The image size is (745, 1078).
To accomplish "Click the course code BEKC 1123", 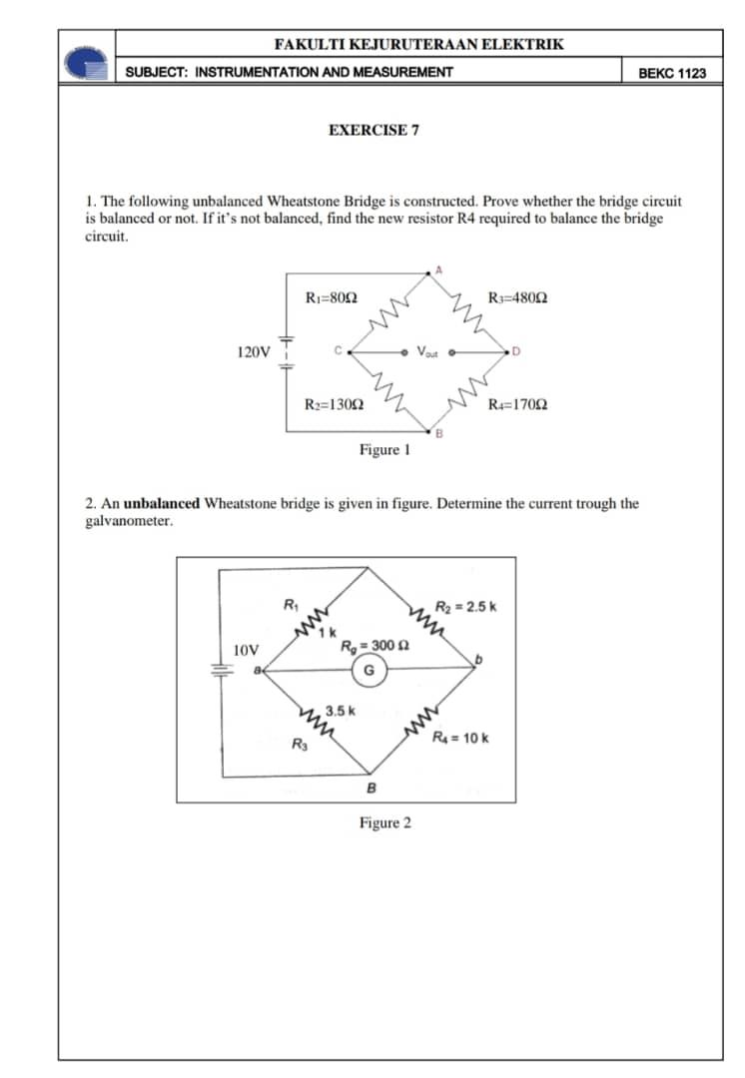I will pyautogui.click(x=671, y=73).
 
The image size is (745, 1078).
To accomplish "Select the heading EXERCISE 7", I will pyautogui.click(x=373, y=130).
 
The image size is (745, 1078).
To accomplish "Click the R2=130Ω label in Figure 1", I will pyautogui.click(x=334, y=404).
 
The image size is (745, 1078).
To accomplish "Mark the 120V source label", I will pyautogui.click(x=253, y=351).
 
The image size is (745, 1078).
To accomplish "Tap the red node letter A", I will pyautogui.click(x=436, y=268).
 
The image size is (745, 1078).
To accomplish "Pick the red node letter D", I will pyautogui.click(x=515, y=351).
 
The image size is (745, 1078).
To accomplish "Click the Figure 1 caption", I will pyautogui.click(x=384, y=450).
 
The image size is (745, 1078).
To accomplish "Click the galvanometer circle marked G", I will pyautogui.click(x=369, y=671).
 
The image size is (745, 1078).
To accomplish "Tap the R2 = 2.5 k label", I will pyautogui.click(x=466, y=607).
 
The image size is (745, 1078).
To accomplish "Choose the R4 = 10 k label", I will pyautogui.click(x=460, y=739).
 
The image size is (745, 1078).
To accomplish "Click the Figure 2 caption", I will pyautogui.click(x=384, y=823).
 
